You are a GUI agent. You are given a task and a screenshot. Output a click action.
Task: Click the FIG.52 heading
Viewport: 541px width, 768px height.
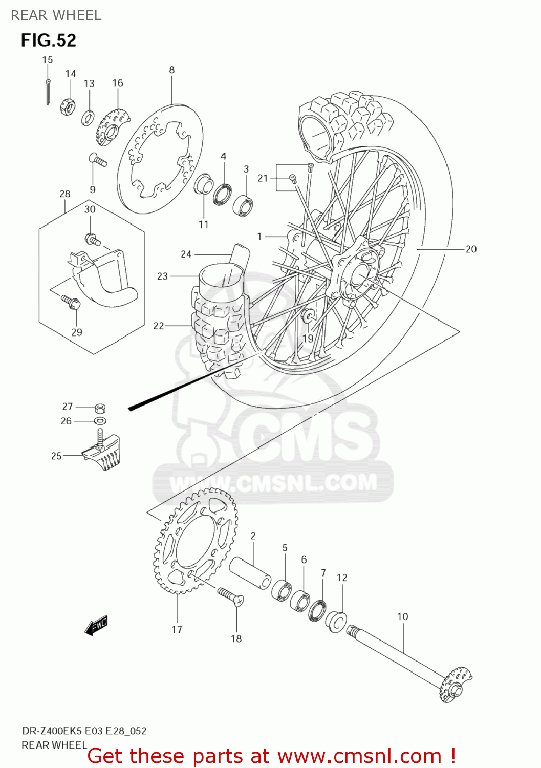pos(49,40)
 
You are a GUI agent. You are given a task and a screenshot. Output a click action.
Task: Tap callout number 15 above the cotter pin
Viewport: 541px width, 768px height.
pos(47,60)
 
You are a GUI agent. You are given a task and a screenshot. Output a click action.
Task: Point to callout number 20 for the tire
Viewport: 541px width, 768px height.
pos(471,249)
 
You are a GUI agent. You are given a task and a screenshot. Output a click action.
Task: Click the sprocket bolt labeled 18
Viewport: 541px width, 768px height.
pos(231,596)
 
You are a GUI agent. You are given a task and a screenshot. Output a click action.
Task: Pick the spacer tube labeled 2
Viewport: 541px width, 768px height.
pos(249,573)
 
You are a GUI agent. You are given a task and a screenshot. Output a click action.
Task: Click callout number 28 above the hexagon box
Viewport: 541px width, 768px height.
pos(64,194)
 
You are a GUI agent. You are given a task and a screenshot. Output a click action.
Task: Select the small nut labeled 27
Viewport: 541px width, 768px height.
pos(100,408)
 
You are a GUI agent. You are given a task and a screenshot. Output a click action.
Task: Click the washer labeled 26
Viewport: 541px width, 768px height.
pos(100,421)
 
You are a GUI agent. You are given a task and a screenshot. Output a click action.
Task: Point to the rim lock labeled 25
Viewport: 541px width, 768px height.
pos(105,452)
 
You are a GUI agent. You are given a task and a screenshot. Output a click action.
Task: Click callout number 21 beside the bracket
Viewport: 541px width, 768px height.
pos(263,178)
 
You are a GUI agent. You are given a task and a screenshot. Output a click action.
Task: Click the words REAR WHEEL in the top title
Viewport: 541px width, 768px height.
pos(56,15)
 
